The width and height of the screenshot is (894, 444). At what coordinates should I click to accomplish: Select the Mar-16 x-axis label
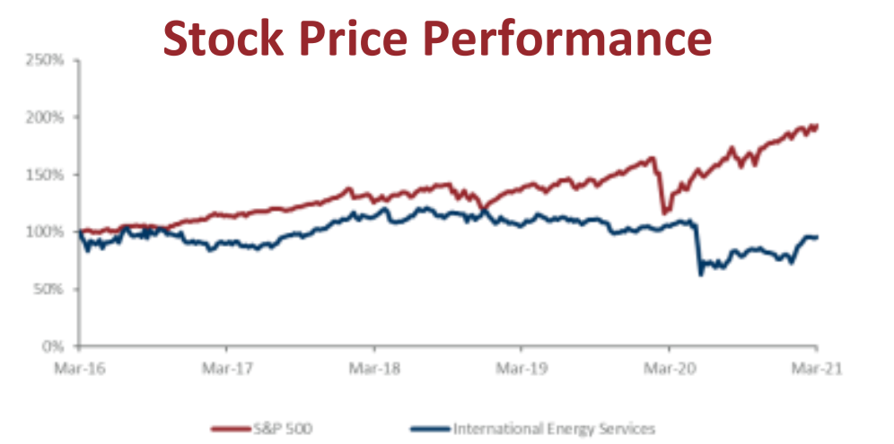[x=80, y=368]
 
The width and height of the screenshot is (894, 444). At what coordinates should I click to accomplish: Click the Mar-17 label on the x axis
[x=227, y=368]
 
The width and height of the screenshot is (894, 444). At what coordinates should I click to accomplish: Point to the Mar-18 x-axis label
[x=374, y=368]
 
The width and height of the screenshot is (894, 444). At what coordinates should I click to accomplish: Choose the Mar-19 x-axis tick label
[x=521, y=368]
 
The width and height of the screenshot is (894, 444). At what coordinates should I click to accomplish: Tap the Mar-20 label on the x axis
[x=668, y=368]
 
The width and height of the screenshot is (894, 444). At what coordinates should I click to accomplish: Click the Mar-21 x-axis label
[x=815, y=368]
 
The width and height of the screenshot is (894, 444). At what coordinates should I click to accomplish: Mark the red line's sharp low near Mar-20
[x=664, y=213]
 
